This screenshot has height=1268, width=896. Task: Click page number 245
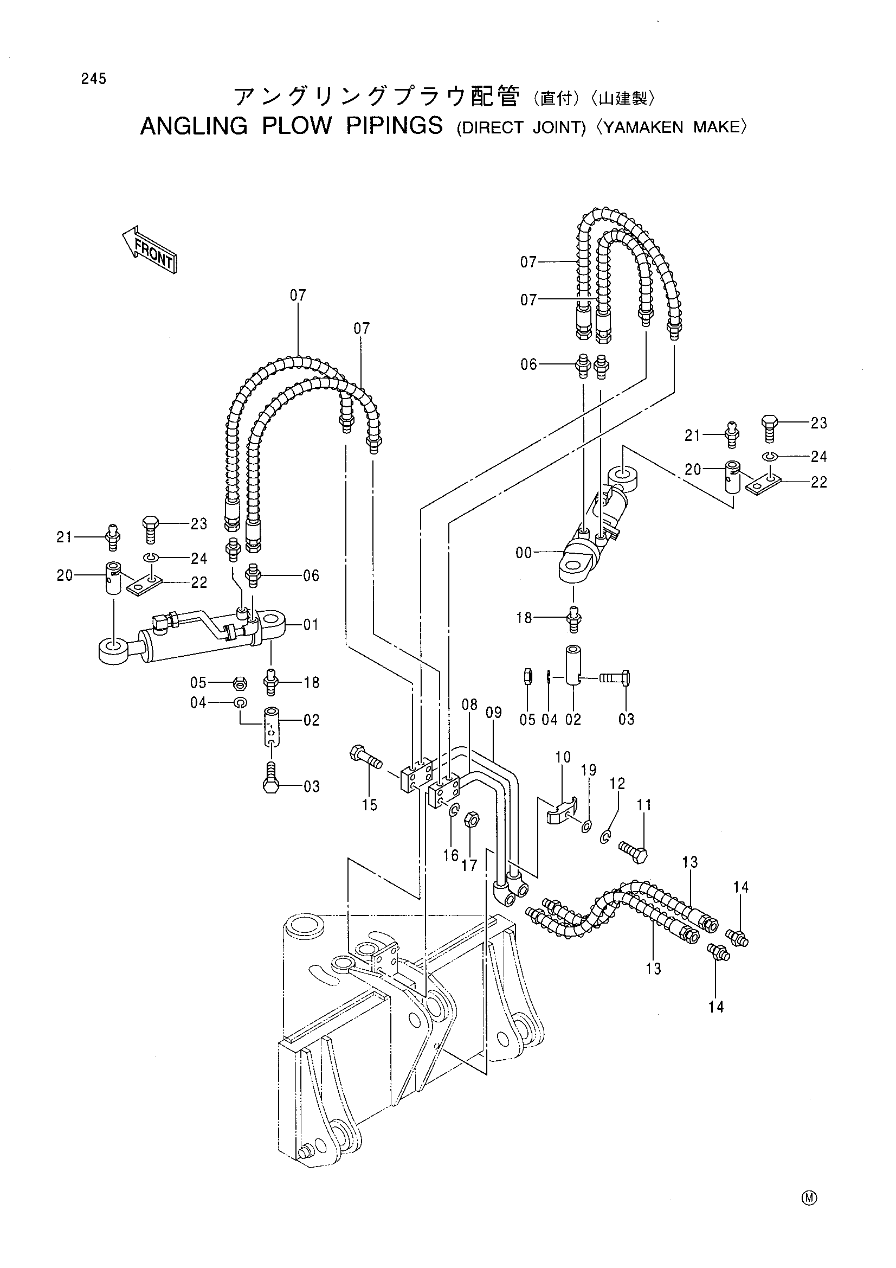pos(93,79)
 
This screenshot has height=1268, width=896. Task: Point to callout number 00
pos(524,553)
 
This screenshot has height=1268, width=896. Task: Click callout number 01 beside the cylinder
pos(311,625)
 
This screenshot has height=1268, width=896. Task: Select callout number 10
pos(563,757)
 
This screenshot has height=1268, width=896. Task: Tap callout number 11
pos(644,805)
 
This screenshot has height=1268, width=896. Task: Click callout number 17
pos(469,865)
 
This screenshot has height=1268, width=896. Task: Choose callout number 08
pos(469,704)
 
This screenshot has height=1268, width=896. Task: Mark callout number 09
pos(494,713)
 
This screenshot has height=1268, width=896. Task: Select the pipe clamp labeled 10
pos(559,810)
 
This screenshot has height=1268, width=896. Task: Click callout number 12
pos(617,783)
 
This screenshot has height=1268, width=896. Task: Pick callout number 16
pos(451,855)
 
